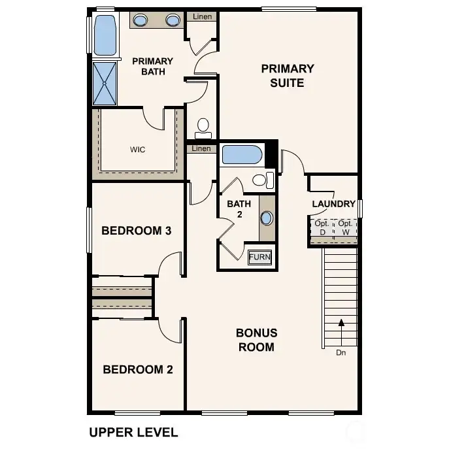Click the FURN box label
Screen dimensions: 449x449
tap(259, 257)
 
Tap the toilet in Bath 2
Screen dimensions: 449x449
tap(262, 180)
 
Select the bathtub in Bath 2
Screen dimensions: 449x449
tap(242, 155)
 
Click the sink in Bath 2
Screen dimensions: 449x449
tap(267, 218)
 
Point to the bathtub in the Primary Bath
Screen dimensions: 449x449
tap(105, 35)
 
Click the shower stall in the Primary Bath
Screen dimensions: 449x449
tap(105, 83)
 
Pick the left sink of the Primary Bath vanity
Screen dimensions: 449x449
tap(140, 21)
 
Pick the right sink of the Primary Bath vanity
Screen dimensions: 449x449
tap(173, 21)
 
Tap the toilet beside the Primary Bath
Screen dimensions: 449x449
tap(203, 125)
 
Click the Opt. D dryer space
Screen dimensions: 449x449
tap(322, 227)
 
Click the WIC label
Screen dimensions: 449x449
tap(137, 150)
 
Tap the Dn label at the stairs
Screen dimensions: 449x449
tap(341, 354)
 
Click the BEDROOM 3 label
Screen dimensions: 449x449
tap(137, 231)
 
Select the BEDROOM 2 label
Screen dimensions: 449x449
tap(138, 369)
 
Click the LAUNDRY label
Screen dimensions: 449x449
tap(333, 204)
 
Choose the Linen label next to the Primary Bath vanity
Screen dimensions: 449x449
tap(203, 16)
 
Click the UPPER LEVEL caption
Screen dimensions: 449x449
tap(133, 433)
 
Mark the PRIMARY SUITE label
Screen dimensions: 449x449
tap(288, 75)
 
